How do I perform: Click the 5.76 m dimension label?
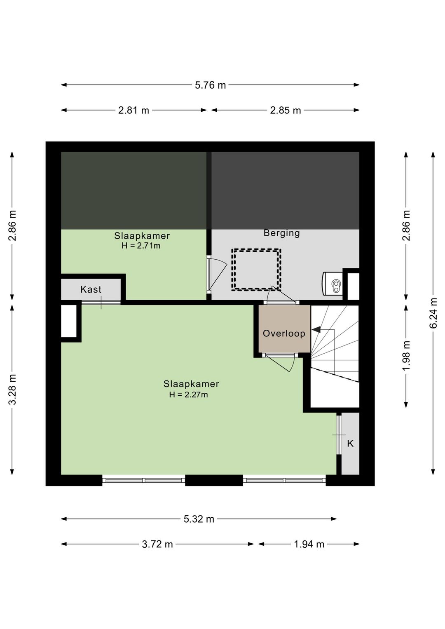click(210, 85)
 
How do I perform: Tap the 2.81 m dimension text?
click(133, 110)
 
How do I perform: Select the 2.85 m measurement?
click(286, 110)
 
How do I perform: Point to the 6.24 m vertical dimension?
click(433, 313)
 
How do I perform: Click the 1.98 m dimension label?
click(407, 355)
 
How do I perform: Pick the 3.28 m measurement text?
click(13, 389)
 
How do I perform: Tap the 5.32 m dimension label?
click(199, 519)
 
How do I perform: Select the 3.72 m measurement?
click(157, 544)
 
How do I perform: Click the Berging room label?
click(282, 233)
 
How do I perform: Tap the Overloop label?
click(284, 333)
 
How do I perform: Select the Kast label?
click(91, 289)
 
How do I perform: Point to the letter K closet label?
click(350, 444)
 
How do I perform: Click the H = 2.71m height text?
click(141, 246)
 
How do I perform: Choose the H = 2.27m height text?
click(188, 395)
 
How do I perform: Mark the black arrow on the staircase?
click(316, 329)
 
